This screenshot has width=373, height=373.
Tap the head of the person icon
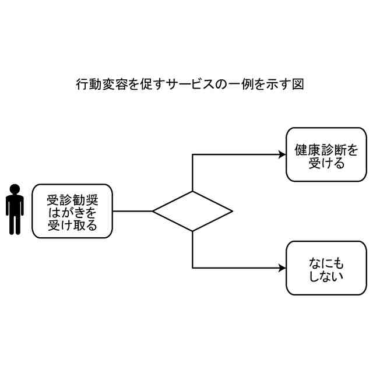tap(15, 189)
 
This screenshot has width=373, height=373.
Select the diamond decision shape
tap(192, 211)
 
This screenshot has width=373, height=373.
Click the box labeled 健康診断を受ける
tap(326, 155)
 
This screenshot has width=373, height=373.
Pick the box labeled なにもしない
tap(326, 268)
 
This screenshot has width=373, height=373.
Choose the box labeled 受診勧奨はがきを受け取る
tap(72, 211)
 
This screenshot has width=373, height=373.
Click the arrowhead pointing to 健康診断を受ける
tap(282, 155)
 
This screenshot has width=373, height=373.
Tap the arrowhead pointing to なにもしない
tap(282, 268)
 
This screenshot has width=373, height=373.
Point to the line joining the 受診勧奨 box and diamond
tap(132, 211)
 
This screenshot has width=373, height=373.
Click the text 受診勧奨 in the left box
tap(72, 200)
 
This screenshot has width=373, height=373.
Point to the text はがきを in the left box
tap(72, 212)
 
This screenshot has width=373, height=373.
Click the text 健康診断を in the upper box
tap(326, 150)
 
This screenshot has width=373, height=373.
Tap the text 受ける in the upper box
tap(326, 162)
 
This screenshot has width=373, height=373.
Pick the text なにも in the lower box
tap(326, 263)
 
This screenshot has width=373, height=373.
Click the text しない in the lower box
tap(326, 275)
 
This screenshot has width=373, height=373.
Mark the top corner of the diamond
tap(192, 191)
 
